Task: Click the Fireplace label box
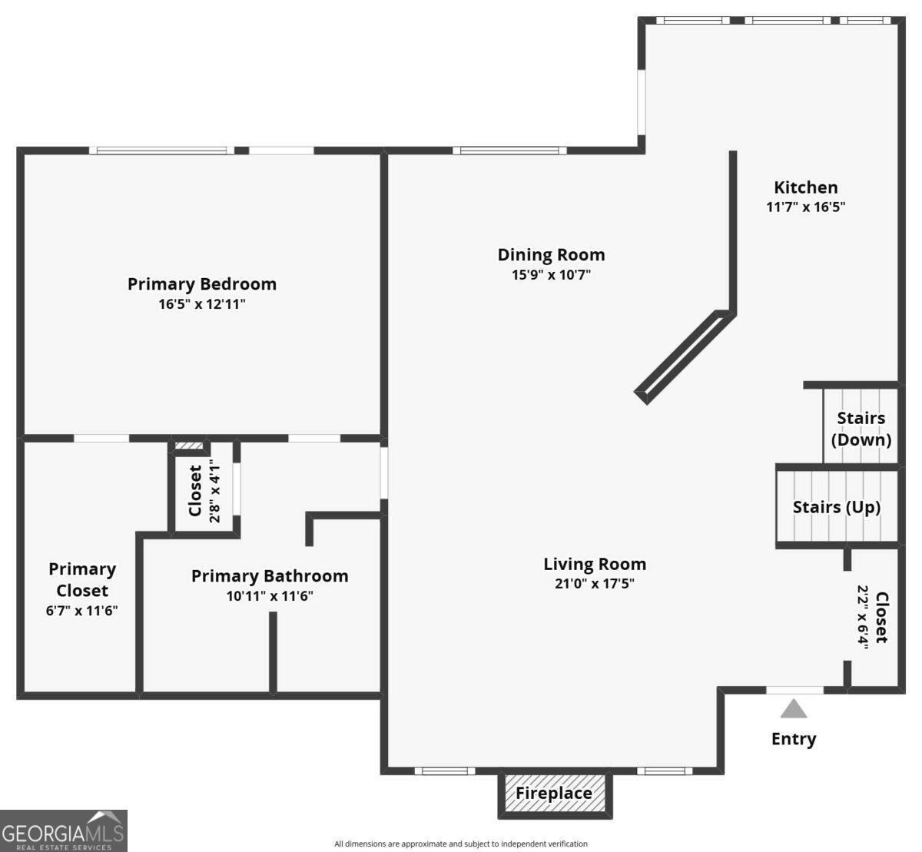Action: pos(554,794)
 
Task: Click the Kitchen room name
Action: pos(805,187)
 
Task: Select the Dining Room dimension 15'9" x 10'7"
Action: pos(551,275)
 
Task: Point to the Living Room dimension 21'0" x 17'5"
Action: pos(595,584)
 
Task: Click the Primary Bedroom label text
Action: pos(202,284)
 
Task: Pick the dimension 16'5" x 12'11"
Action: pos(202,304)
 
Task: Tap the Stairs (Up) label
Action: pos(836,508)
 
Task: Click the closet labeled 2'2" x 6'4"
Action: pos(872,618)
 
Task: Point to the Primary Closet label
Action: pos(81,580)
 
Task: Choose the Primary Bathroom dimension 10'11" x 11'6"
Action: pos(270,596)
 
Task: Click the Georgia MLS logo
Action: pos(64,830)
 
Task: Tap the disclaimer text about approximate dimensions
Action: pos(461,844)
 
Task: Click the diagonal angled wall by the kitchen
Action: pos(683,355)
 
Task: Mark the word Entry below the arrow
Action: pos(794,739)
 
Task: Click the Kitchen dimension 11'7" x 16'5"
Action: pos(805,207)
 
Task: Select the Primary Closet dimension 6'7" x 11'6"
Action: pos(81,612)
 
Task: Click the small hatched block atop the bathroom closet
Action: pos(188,446)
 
